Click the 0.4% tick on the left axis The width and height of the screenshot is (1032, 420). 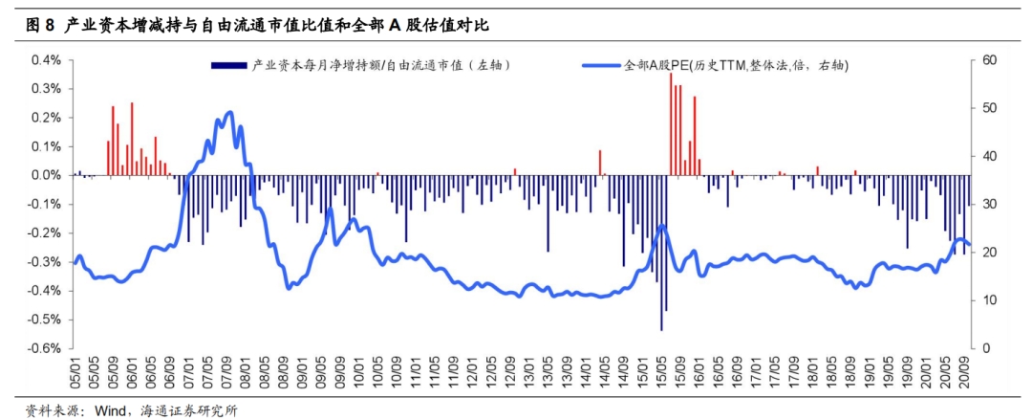point(48,60)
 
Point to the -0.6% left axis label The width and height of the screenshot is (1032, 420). point(46,348)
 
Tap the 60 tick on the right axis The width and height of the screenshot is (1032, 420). point(989,60)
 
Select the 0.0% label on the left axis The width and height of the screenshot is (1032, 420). point(48,175)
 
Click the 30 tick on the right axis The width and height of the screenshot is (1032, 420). point(989,205)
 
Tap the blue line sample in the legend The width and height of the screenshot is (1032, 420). point(601,66)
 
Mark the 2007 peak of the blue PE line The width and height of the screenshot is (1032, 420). point(229,113)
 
